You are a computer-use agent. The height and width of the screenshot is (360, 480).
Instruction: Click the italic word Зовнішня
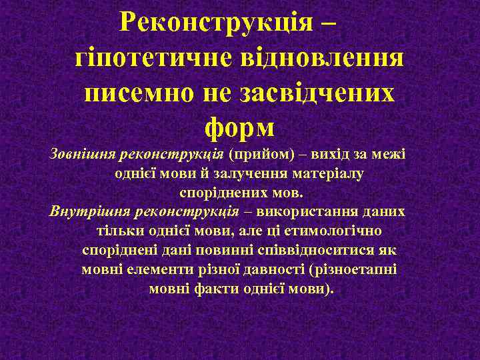81,155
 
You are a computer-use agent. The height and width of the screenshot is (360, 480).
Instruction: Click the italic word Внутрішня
89,212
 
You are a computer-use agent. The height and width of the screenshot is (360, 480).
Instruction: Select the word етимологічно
338,231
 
